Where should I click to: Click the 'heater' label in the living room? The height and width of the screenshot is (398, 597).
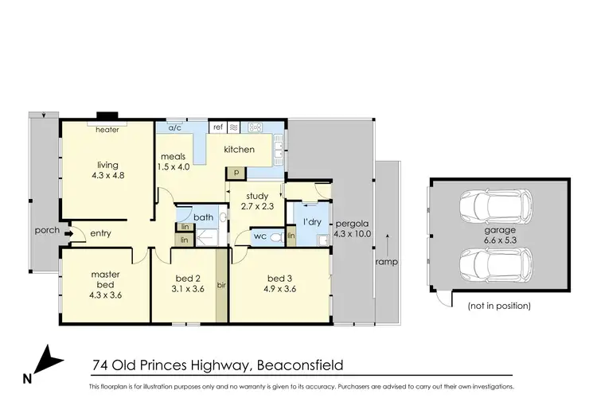(107, 129)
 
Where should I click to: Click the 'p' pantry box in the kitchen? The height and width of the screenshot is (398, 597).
(235, 171)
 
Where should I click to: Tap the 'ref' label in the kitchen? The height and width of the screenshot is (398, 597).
(216, 127)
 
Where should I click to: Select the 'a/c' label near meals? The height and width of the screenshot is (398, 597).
(173, 127)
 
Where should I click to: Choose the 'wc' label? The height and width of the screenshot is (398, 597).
(259, 236)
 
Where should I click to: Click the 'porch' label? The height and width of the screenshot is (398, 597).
(46, 232)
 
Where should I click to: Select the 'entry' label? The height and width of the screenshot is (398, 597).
(101, 232)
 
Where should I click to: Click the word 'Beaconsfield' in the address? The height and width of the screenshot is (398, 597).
(298, 366)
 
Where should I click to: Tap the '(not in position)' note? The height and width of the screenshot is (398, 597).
(500, 306)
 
